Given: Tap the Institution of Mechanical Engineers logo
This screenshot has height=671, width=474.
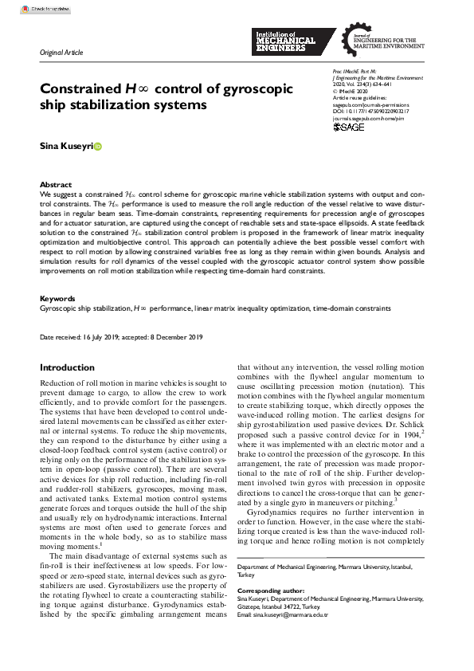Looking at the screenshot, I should pyautogui.click(x=284, y=41).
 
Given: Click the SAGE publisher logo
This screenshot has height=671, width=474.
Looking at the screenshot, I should pyautogui.click(x=348, y=127).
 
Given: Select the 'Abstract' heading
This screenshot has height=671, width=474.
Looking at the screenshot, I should pyautogui.click(x=55, y=184).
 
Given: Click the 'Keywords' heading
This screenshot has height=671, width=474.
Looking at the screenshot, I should pyautogui.click(x=57, y=299).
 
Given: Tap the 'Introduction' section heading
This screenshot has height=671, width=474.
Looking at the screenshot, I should pyautogui.click(x=67, y=367).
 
